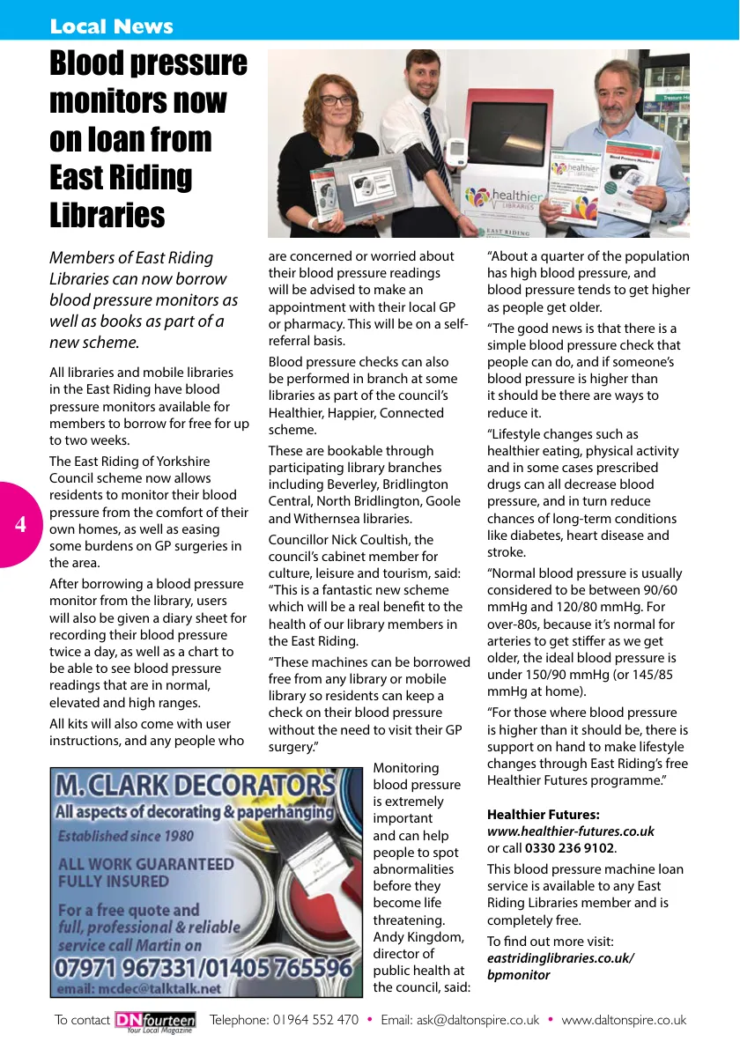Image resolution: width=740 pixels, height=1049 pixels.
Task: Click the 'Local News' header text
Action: pyautogui.click(x=112, y=26)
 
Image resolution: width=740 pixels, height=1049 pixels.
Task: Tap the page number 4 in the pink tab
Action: pyautogui.click(x=20, y=525)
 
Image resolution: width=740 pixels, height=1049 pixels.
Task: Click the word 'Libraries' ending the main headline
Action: pyautogui.click(x=107, y=215)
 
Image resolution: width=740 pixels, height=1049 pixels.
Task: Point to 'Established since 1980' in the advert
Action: pyautogui.click(x=126, y=836)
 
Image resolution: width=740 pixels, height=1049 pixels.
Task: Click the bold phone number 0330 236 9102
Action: pyautogui.click(x=570, y=848)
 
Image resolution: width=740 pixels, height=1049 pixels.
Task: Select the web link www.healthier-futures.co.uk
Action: pyautogui.click(x=571, y=831)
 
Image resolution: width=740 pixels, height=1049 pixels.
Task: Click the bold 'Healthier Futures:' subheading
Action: pyautogui.click(x=543, y=815)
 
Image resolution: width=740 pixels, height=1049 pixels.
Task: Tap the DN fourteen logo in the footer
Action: pyautogui.click(x=155, y=1021)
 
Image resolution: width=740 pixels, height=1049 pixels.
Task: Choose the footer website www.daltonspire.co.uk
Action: pyautogui.click(x=624, y=1020)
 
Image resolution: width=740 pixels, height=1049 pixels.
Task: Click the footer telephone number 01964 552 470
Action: pyautogui.click(x=315, y=1020)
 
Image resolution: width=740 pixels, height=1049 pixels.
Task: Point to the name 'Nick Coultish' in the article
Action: pyautogui.click(x=374, y=540)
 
